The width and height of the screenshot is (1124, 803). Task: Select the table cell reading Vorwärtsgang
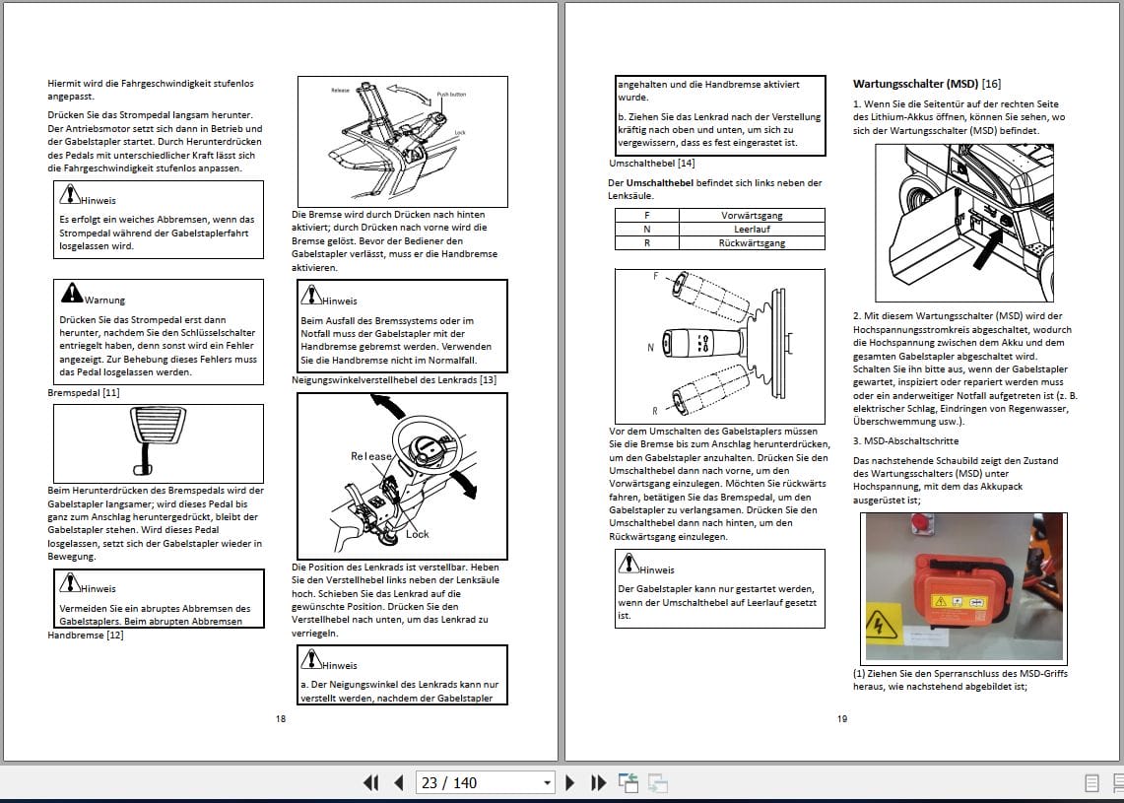[752, 215]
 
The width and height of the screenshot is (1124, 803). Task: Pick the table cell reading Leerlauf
[752, 229]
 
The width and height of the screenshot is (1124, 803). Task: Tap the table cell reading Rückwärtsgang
[752, 242]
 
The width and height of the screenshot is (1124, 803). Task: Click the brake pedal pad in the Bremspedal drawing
[156, 428]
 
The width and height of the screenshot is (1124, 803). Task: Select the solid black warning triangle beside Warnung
[72, 293]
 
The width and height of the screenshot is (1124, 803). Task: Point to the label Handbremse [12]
[86, 636]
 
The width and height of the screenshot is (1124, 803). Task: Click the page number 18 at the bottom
[281, 718]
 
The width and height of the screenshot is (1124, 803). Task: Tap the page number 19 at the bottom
[842, 718]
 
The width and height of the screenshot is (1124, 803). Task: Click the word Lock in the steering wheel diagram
[418, 534]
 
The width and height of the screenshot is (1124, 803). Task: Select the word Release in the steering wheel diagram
[371, 456]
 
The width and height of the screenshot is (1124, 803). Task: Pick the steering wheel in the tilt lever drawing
[425, 443]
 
